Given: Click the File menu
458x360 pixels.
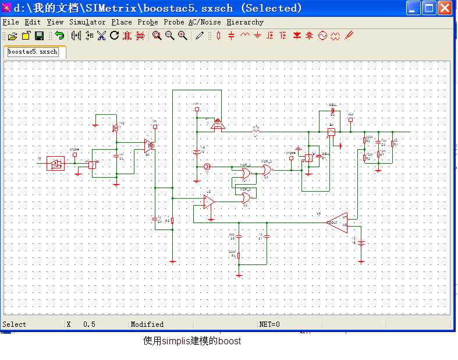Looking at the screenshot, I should (10, 22).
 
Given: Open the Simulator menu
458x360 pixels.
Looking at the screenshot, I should (87, 22).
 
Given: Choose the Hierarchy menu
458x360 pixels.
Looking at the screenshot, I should (245, 22).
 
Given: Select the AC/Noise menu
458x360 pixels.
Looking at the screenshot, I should (204, 22).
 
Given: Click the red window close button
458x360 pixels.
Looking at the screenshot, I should (445, 8).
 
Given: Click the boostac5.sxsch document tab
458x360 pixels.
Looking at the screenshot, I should (33, 52).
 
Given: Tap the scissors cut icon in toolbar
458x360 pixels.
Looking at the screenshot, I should (102, 36).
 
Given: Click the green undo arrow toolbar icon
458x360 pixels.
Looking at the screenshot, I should (59, 36).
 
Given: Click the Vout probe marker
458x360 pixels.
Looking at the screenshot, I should (350, 119).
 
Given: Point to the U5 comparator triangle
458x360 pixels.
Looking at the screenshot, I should (208, 202).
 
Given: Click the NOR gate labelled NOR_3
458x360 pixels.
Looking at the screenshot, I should (266, 170).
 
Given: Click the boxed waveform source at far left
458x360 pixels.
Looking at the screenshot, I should (56, 164).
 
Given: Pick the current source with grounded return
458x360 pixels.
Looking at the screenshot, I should (115, 127).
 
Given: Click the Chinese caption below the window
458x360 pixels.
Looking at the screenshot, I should (192, 341).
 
